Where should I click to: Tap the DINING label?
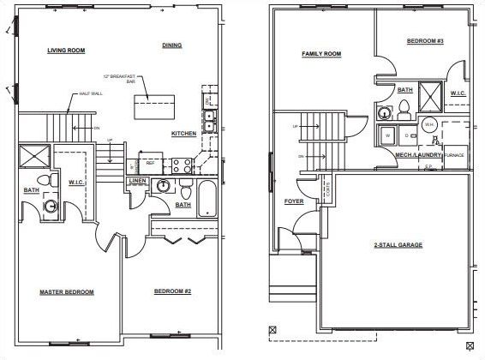171,45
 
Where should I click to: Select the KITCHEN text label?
183,134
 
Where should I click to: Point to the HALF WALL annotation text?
90,94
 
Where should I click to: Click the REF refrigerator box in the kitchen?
149,163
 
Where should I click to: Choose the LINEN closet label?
138,182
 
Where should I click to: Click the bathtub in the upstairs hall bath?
207,199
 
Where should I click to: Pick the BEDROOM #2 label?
172,292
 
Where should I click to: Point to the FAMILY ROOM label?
321,54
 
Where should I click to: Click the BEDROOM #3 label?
423,41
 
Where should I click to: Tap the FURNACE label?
453,155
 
